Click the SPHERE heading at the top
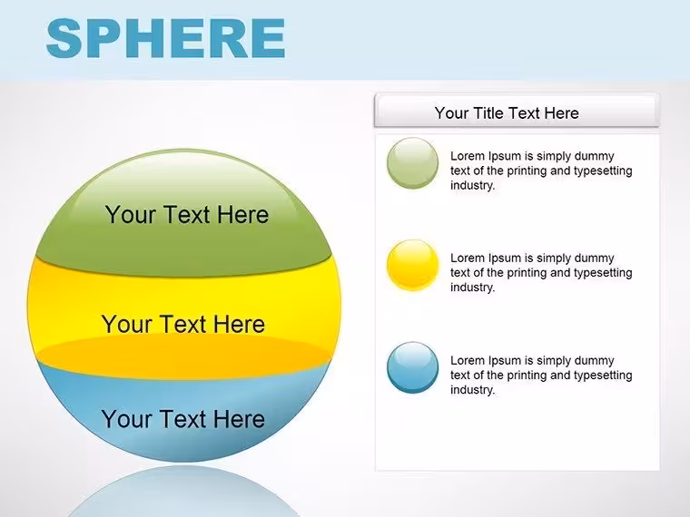(x=165, y=38)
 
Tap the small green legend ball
(x=412, y=163)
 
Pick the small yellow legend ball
(x=412, y=265)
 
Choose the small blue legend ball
(x=412, y=367)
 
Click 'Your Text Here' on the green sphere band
(x=187, y=215)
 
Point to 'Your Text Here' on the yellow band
(x=183, y=325)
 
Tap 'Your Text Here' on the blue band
(x=183, y=419)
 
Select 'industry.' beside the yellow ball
(x=473, y=288)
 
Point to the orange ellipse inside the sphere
(x=183, y=356)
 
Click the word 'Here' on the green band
(x=243, y=215)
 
